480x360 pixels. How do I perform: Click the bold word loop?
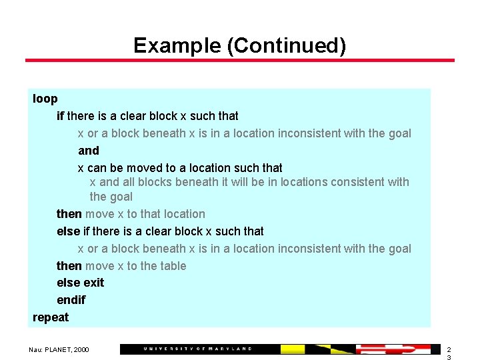coord(45,99)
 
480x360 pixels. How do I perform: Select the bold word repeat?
coord(51,317)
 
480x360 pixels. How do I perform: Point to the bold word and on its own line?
coord(88,151)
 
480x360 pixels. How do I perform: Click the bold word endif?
coord(71,300)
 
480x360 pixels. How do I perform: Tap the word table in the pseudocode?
coord(171,266)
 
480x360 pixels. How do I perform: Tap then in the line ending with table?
coord(69,266)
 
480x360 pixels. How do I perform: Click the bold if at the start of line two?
coord(61,116)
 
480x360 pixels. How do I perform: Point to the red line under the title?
coord(240,61)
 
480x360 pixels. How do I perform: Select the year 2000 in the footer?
coord(81,349)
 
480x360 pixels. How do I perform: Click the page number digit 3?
coord(449,357)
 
